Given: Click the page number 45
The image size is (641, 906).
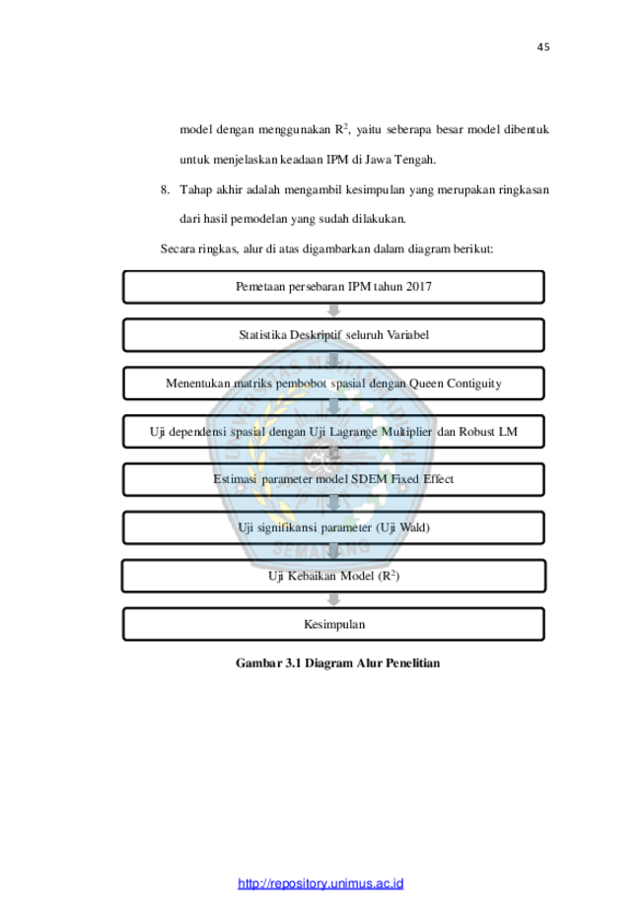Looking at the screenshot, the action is [542, 47].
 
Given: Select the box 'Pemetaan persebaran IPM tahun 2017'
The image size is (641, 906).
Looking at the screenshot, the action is [333, 287].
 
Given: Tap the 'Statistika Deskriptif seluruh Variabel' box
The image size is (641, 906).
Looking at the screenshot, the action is [333, 335].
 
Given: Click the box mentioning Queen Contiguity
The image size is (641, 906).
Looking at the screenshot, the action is [333, 383].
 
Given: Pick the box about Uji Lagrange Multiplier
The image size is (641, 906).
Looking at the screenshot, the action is [333, 432].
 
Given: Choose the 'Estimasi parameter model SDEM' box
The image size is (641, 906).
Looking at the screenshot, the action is [333, 479].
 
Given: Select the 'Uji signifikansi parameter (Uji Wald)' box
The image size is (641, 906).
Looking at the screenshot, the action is [333, 527].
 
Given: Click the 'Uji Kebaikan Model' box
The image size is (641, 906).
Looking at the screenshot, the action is [333, 576].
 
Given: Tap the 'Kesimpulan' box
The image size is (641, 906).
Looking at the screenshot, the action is [333, 624].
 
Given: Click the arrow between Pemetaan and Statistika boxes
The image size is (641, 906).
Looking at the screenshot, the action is [333, 311].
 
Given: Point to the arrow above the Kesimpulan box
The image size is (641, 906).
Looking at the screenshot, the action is [333, 599].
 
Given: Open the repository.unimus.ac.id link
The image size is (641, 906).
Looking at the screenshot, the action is [320, 883].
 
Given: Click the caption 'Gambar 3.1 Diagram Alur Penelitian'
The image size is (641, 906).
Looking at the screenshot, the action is [337, 663].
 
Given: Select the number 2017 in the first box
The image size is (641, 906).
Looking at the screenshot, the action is [419, 287].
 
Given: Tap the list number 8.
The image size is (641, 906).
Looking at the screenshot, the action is [165, 189].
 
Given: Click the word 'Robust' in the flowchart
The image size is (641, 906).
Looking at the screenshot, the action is [477, 432].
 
